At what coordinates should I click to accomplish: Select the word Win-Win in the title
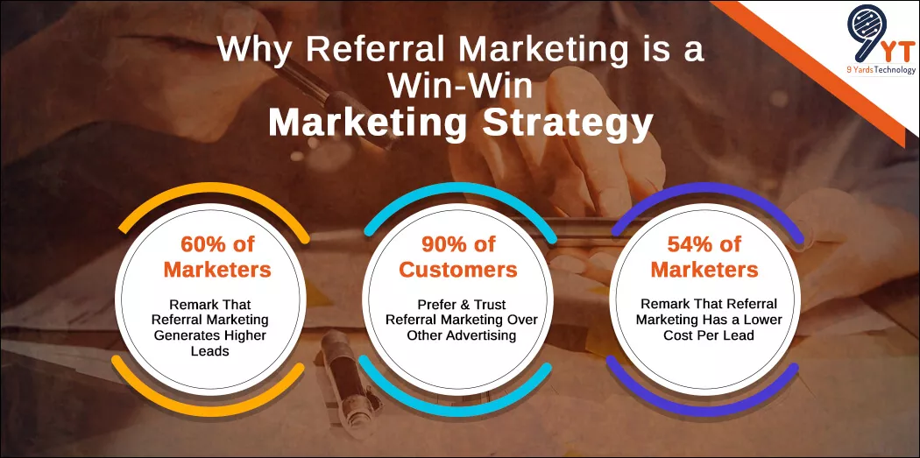tap(460, 87)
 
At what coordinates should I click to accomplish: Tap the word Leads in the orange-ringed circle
tap(210, 351)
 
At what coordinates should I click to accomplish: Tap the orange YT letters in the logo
tap(895, 50)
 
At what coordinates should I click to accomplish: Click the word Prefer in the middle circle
tap(435, 305)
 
